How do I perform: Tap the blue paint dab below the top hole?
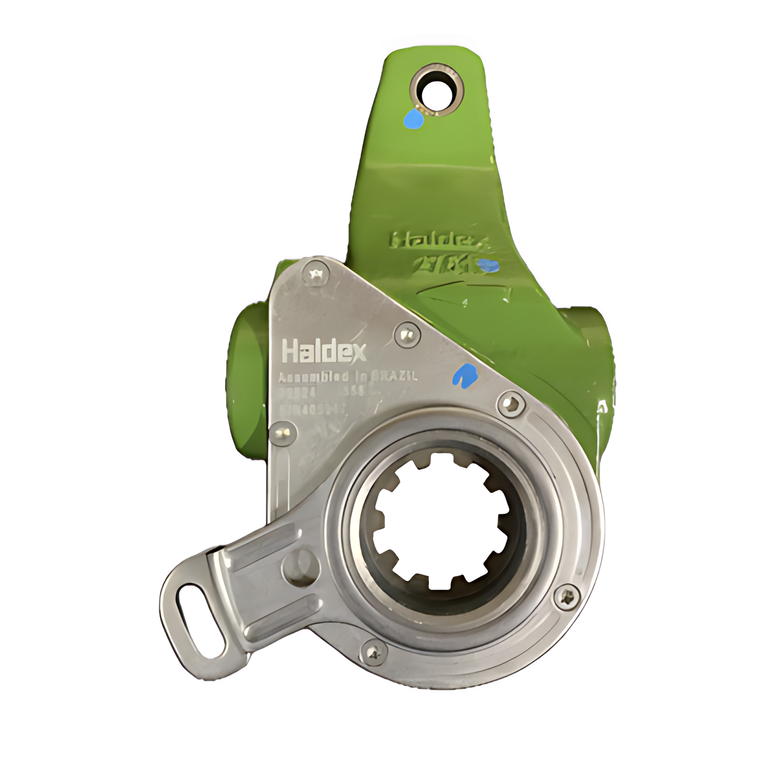pyautogui.click(x=414, y=119)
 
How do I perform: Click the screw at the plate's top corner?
pyautogui.click(x=316, y=275)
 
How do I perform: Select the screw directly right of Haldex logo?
pyautogui.click(x=407, y=335)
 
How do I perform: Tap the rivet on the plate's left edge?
pyautogui.click(x=283, y=434)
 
